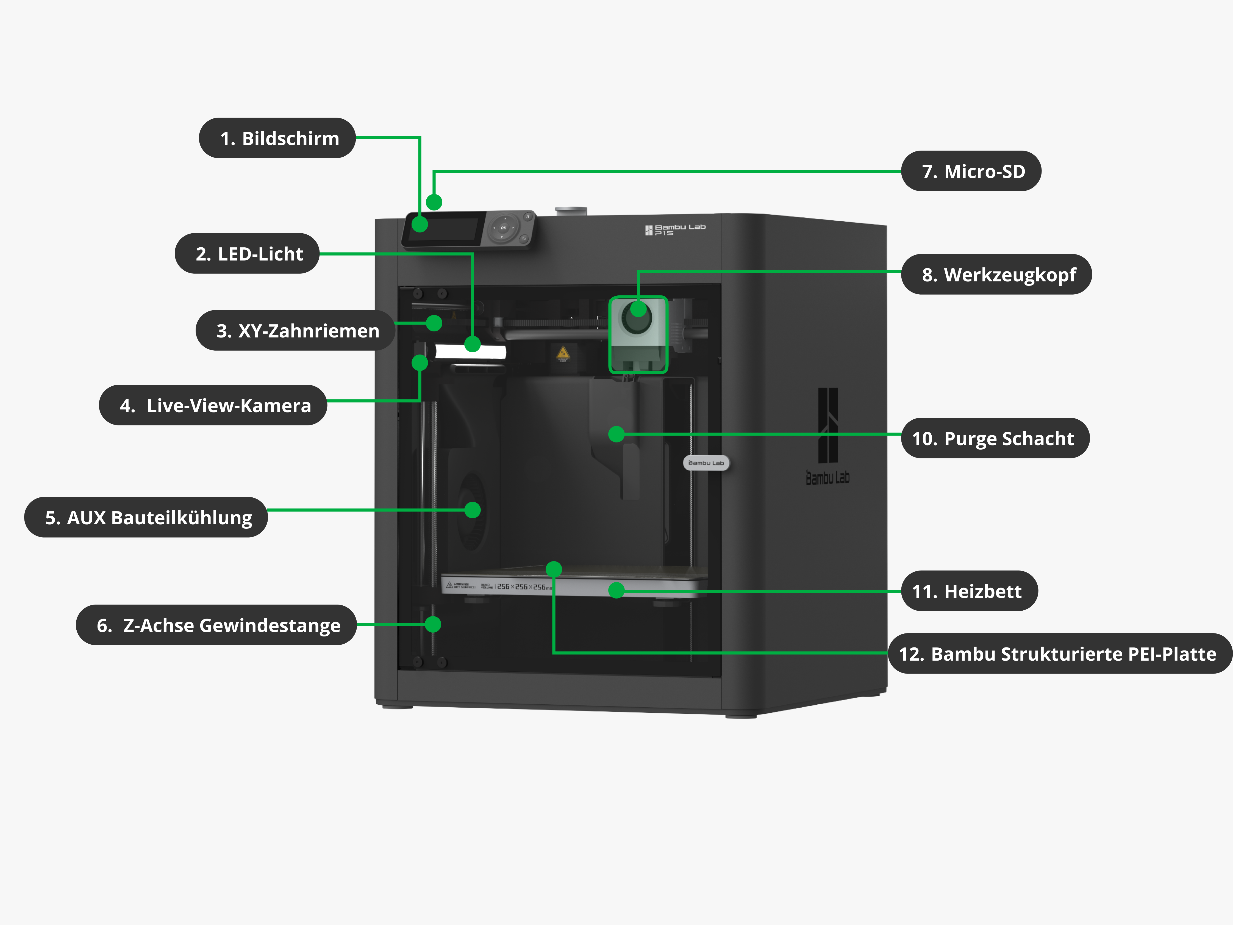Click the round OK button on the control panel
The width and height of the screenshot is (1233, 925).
(x=503, y=228)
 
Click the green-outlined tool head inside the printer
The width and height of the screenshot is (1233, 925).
(x=638, y=334)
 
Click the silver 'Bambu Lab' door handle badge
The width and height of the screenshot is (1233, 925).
(x=706, y=463)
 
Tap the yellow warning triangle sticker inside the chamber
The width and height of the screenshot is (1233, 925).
(x=563, y=353)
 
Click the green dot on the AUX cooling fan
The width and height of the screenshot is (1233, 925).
(x=473, y=509)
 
